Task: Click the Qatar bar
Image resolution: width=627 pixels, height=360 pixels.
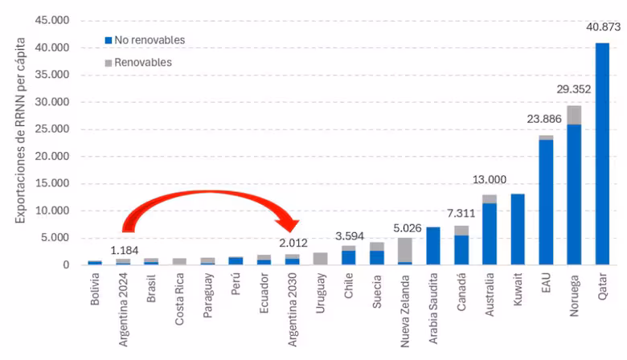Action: click(x=601, y=153)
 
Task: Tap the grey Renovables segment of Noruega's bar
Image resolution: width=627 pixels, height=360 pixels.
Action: click(x=573, y=115)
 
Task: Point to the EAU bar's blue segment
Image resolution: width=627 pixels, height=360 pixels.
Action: click(x=545, y=202)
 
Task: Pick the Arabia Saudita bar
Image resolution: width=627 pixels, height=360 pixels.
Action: click(x=432, y=246)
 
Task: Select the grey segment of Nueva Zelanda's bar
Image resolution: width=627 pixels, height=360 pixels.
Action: click(x=404, y=249)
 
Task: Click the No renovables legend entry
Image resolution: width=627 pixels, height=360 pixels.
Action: click(x=145, y=39)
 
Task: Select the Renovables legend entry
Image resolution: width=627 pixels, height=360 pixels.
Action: click(x=137, y=62)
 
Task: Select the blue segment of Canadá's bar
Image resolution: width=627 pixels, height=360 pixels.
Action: click(x=461, y=250)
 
